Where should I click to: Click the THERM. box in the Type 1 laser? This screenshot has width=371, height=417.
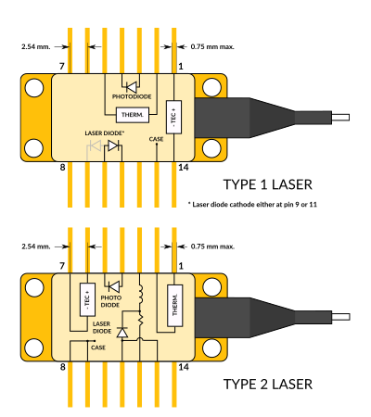tap(127, 116)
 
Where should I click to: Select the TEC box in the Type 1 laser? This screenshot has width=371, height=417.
tap(173, 117)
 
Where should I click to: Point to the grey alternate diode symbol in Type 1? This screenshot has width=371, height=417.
tap(94, 145)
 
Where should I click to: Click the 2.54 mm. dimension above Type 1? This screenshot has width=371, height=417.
tap(34, 44)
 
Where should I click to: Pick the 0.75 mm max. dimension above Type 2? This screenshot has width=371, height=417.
tap(212, 246)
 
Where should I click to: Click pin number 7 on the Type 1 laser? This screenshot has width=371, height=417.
tap(61, 67)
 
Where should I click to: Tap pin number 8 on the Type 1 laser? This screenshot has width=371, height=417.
tap(61, 169)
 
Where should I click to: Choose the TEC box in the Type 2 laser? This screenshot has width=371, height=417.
tap(86, 297)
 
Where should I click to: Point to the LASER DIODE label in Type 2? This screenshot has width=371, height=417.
tap(103, 327)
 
